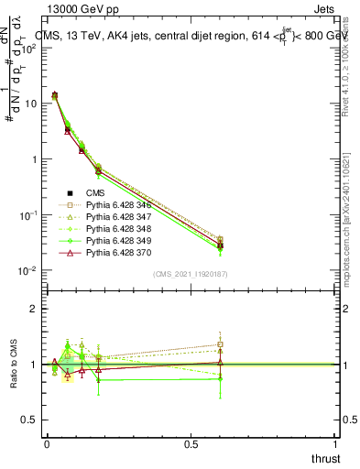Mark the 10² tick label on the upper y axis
click(x=28, y=48)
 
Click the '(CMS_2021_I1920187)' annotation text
click(x=191, y=273)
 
